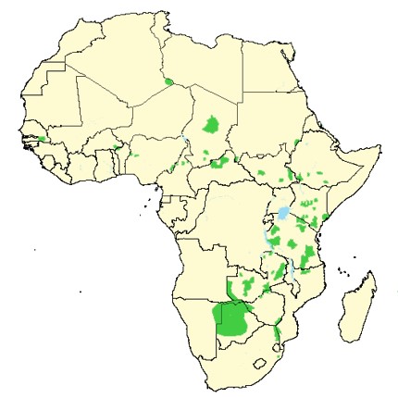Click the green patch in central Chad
coord(212,126)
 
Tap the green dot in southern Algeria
coord(168,81)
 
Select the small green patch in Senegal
coord(42,139)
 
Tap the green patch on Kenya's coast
coord(326,218)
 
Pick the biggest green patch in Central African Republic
coord(219,163)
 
